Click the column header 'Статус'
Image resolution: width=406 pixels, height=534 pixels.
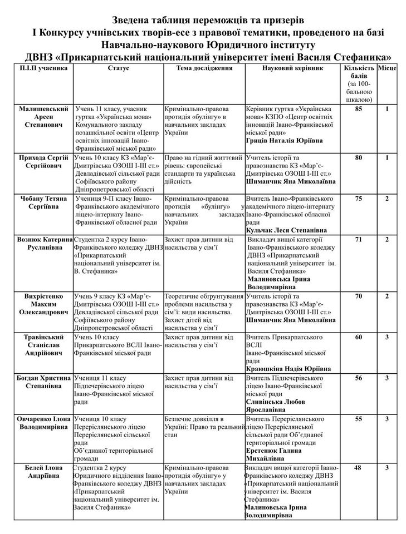(x=117, y=68)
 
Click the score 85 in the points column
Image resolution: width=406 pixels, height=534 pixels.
(x=359, y=109)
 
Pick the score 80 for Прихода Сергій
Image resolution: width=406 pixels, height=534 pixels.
(x=359, y=158)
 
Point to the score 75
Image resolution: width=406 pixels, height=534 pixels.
(x=359, y=199)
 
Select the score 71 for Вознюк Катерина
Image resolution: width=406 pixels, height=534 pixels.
(x=359, y=239)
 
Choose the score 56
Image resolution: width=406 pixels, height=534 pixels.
(x=359, y=378)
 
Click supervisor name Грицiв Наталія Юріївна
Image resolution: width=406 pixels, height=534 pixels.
(x=284, y=141)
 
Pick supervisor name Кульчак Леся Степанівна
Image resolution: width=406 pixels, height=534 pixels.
(x=285, y=230)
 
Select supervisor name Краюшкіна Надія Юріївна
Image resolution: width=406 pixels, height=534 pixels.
(x=288, y=368)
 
